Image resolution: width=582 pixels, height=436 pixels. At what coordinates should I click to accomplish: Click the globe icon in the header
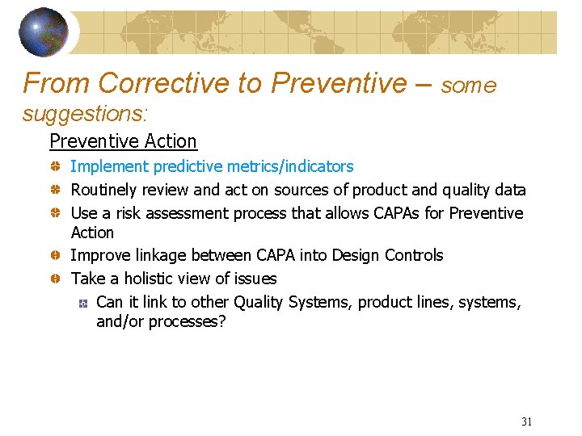[x=44, y=31]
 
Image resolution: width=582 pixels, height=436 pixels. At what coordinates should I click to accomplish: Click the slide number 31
[x=527, y=421]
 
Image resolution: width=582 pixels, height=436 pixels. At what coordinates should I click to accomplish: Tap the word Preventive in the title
[x=339, y=83]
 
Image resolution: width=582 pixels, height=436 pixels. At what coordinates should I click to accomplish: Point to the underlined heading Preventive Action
[x=123, y=141]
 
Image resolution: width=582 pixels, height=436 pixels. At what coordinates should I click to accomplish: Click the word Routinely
[x=104, y=191]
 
